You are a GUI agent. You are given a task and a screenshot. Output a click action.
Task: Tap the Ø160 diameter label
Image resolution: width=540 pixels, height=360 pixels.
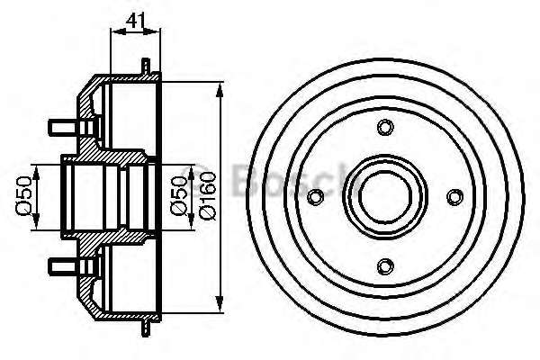click(x=207, y=195)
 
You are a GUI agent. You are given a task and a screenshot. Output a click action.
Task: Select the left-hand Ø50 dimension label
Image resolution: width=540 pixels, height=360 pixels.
click(x=24, y=195)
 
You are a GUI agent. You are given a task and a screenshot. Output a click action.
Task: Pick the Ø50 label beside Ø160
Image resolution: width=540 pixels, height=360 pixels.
click(x=179, y=195)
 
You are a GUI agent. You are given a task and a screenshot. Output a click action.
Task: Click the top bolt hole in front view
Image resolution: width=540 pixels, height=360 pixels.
click(x=385, y=127)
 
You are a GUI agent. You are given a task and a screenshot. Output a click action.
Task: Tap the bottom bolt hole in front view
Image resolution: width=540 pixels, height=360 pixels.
click(x=385, y=266)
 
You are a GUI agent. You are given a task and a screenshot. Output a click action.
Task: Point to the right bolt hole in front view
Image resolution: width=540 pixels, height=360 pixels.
click(x=454, y=197)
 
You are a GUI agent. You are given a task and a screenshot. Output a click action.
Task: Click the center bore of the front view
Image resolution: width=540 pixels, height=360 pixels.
click(x=385, y=197)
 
